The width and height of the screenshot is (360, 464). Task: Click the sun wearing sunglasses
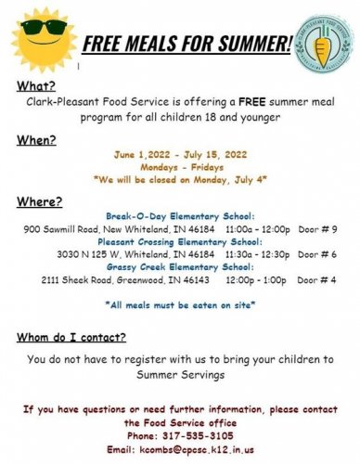tap(38, 38)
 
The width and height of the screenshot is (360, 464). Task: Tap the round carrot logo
tap(321, 46)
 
